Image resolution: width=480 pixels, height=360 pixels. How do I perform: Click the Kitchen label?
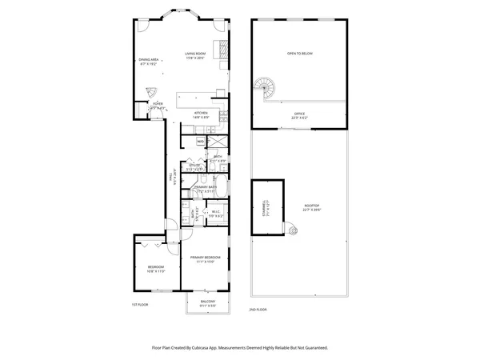tap(201, 113)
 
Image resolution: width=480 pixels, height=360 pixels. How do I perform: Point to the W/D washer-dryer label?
tap(200, 142)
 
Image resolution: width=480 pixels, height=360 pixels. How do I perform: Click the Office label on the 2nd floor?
tap(299, 114)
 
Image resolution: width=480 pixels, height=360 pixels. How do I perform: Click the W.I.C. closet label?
tap(216, 212)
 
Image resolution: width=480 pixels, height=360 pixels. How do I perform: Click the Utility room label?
tap(193, 166)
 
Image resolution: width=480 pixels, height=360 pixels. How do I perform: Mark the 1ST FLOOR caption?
tap(140, 305)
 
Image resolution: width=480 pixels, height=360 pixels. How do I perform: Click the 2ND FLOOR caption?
tap(258, 309)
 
